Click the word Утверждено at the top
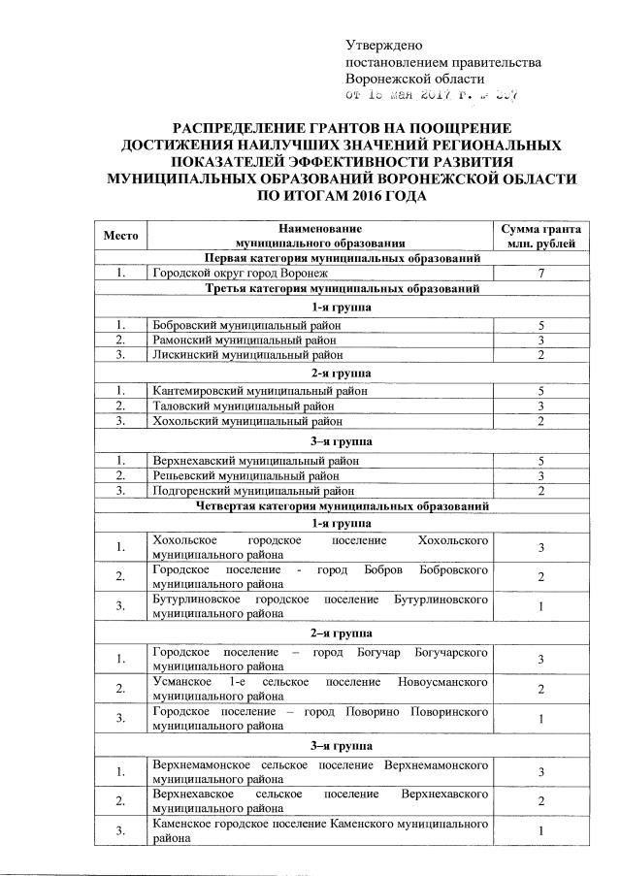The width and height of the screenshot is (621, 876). coord(384,45)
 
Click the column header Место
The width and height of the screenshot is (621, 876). coord(121,235)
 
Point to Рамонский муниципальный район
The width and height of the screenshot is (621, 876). coord(244,341)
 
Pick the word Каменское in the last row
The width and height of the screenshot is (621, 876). coord(182,824)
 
